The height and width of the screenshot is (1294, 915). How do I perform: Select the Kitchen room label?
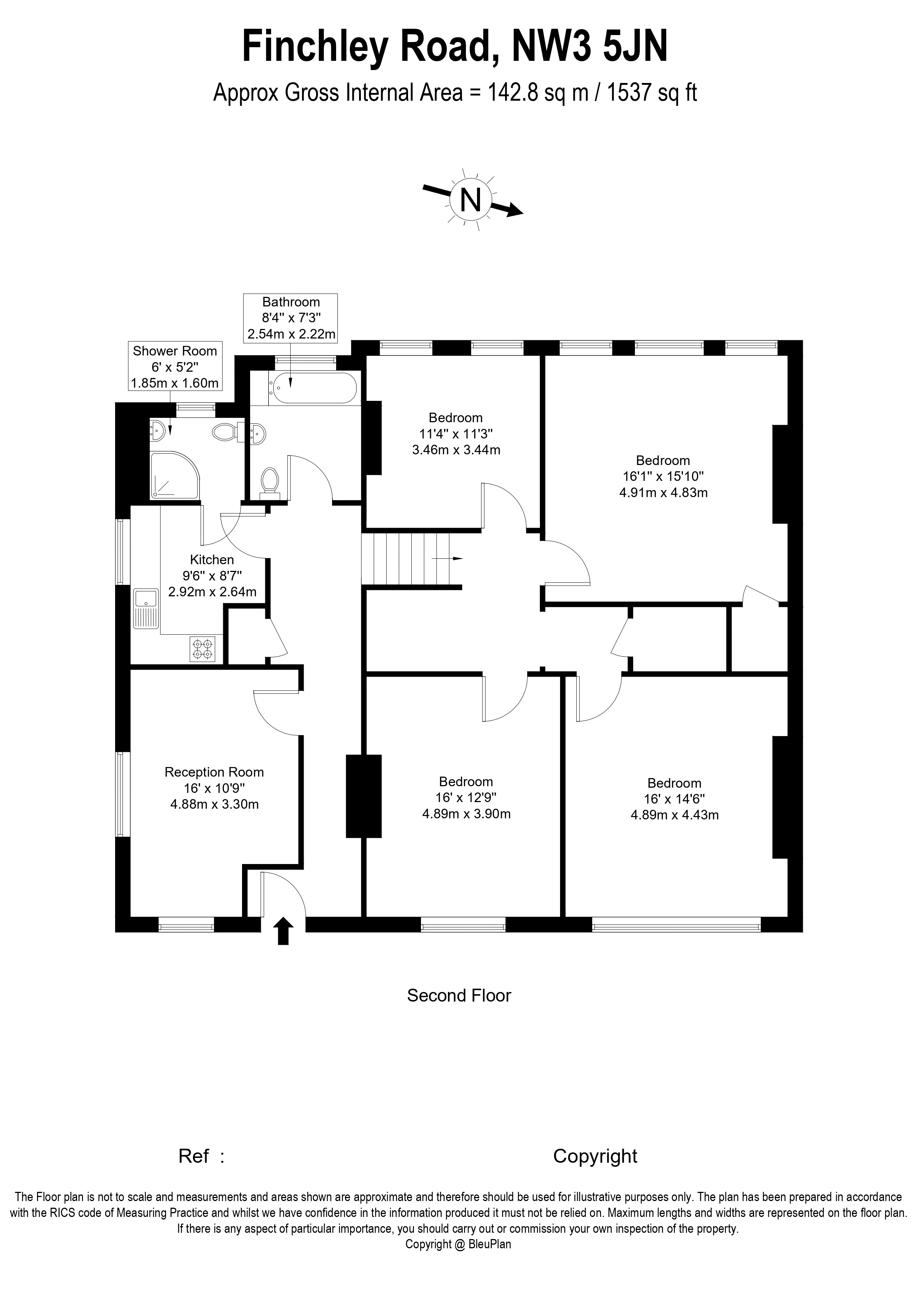tap(212, 560)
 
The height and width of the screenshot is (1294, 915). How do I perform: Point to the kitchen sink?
tap(146, 609)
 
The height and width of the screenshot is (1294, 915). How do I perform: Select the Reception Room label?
tap(214, 772)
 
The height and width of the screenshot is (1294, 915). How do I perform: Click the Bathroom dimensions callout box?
tap(291, 318)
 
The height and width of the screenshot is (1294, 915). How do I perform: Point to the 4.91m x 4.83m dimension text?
tap(663, 493)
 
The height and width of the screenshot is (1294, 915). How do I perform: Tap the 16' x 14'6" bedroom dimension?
tap(674, 799)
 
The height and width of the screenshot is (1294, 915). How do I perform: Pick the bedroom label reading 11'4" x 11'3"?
tap(456, 434)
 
